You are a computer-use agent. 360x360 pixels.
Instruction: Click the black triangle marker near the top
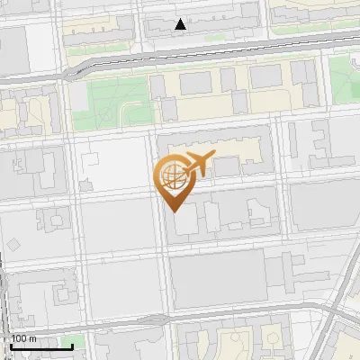[x=182, y=24]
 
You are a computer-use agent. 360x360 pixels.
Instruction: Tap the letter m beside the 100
[x=33, y=338]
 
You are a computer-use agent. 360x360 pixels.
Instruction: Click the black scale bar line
[x=41, y=346]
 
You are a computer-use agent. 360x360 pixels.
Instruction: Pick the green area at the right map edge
[x=346, y=81]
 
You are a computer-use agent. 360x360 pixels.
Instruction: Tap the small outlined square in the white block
[x=91, y=163]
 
